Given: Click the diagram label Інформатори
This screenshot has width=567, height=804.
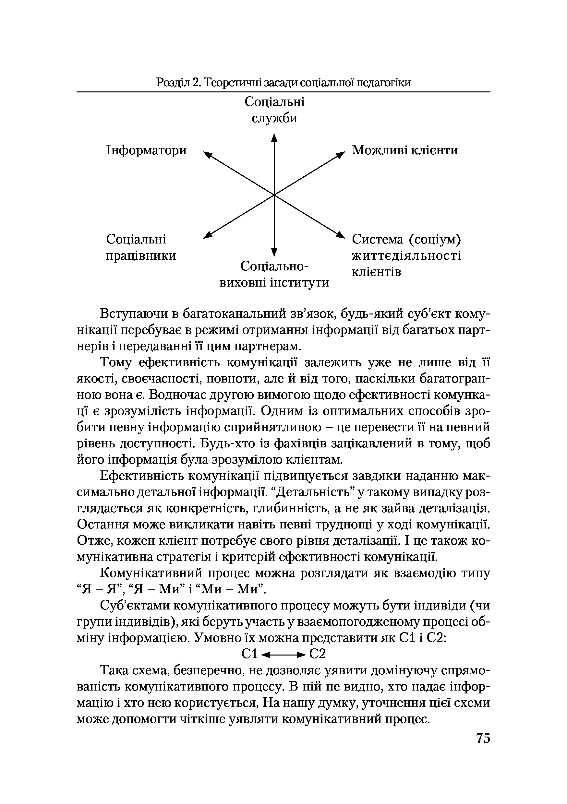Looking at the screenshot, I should tap(146, 150).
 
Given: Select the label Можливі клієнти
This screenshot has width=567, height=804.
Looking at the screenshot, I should tap(405, 150).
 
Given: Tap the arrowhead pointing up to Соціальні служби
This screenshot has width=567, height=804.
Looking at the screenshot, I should tap(274, 137).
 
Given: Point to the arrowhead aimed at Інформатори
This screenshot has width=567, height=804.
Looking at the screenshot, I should tap(208, 154).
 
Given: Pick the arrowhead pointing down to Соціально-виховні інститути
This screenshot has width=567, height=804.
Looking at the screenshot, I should tap(274, 252).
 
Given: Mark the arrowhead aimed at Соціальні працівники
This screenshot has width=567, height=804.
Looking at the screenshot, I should tap(208, 235).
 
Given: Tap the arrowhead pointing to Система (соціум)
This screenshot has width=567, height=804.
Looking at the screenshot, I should tap(341, 235).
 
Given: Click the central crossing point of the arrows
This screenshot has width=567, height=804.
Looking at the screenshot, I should tap(274, 195).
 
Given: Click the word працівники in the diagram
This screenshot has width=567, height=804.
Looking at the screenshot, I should tap(141, 256).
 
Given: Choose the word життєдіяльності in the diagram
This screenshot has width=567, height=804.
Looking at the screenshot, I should tap(406, 256).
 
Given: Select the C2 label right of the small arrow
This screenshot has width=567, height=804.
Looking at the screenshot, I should tap(318, 654).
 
